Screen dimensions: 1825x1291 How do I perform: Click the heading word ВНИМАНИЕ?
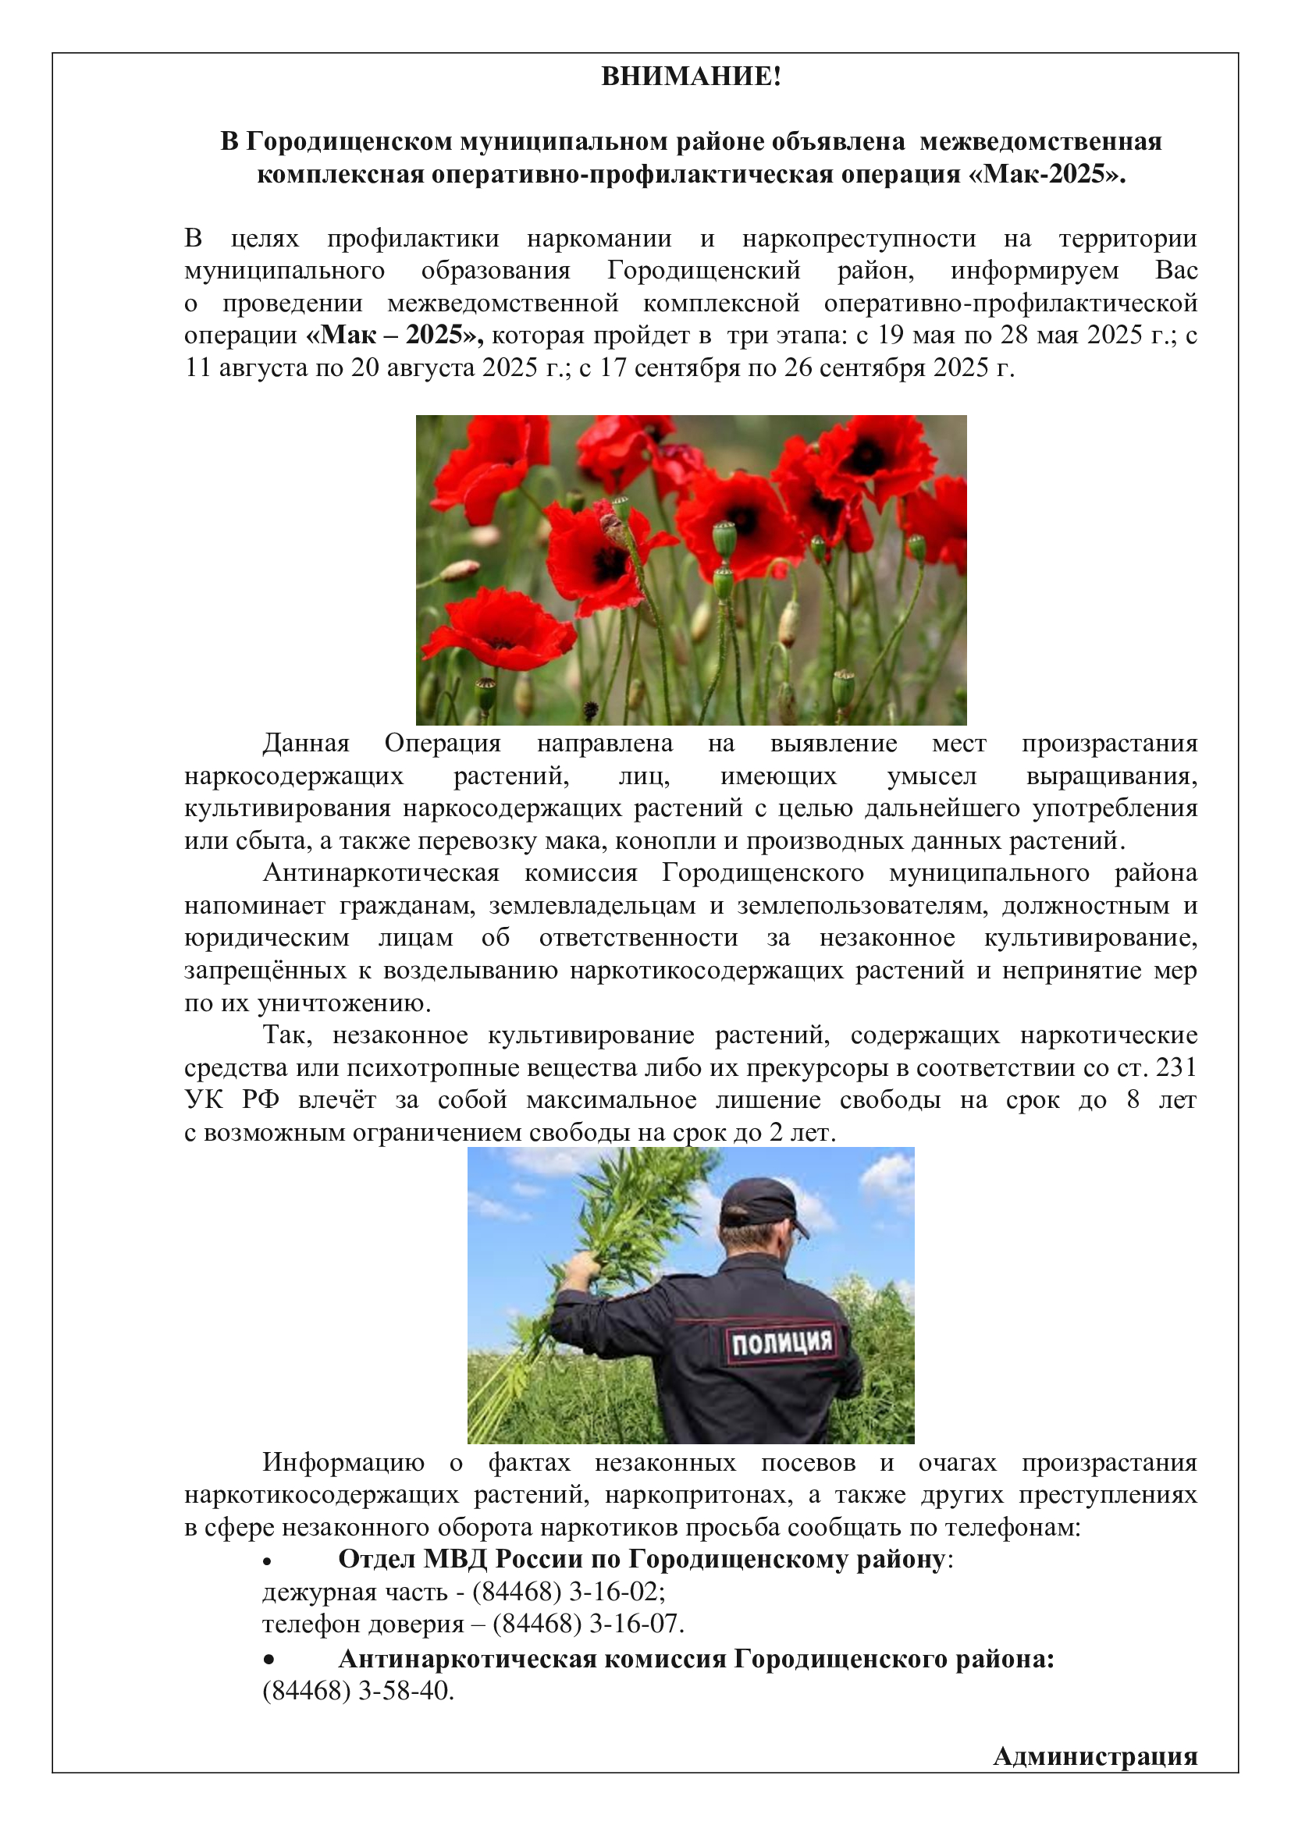pyautogui.click(x=691, y=76)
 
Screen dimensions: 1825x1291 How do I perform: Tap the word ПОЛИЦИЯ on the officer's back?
pyautogui.click(x=781, y=1343)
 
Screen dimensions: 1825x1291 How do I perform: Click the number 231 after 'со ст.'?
pyautogui.click(x=1175, y=1067)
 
